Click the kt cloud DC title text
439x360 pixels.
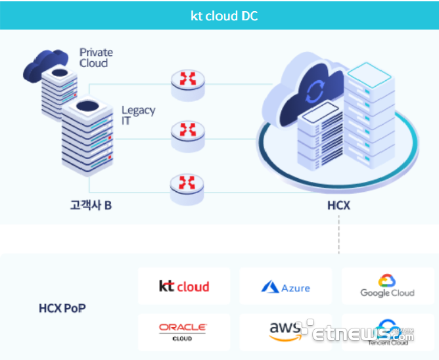224,16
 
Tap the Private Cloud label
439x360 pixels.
96,57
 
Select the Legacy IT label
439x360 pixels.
138,115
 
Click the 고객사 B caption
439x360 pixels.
91,205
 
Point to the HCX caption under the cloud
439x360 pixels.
338,206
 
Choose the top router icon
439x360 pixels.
187,79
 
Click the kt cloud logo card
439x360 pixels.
184,286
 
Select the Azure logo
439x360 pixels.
286,287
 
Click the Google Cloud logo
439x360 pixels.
387,286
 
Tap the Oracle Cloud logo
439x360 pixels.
183,331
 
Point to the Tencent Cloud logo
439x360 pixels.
388,332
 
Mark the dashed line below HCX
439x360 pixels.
338,233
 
